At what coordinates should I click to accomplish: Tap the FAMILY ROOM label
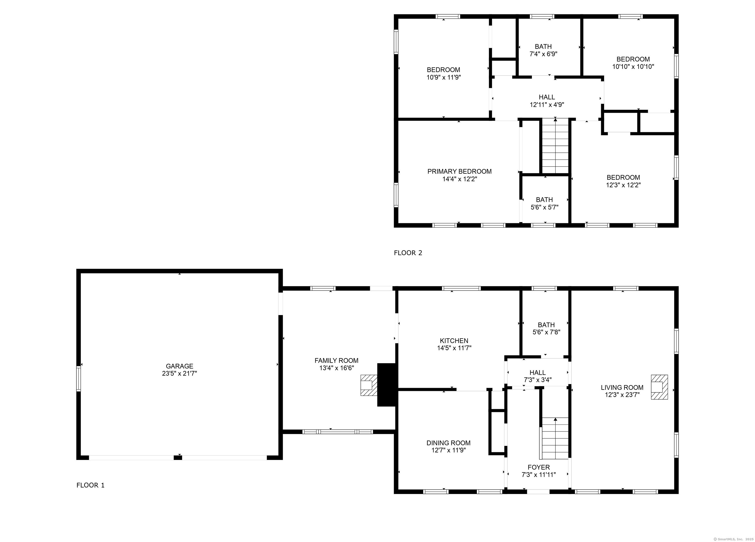tap(336, 360)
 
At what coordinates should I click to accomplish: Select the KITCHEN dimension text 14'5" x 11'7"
tap(454, 348)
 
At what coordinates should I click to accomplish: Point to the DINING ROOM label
tap(449, 443)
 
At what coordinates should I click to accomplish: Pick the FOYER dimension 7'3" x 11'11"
tap(539, 474)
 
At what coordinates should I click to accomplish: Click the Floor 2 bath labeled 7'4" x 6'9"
tap(543, 47)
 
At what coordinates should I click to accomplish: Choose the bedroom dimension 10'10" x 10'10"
tap(633, 67)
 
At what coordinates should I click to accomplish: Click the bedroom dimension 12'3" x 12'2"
tap(623, 185)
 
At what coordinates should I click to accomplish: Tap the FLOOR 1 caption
tap(90, 485)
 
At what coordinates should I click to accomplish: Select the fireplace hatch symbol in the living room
tap(659, 387)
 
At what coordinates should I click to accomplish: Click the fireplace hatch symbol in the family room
tap(369, 385)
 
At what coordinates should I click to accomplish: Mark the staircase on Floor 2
tap(555, 146)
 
